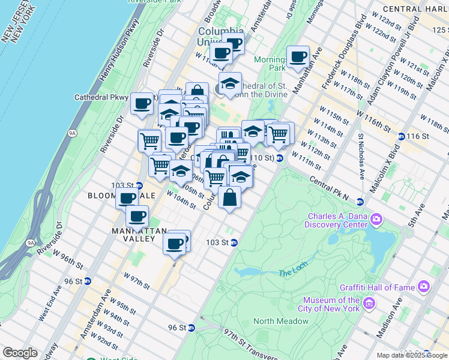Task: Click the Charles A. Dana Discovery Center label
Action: point(337,220)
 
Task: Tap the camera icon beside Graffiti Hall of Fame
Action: point(424,287)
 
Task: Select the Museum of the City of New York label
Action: point(331,304)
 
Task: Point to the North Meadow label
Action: point(281,321)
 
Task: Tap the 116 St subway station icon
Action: point(401,137)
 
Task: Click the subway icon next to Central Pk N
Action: point(360,202)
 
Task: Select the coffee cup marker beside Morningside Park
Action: point(298,57)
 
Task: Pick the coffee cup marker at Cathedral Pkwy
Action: point(142,103)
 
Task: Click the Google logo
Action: point(20,353)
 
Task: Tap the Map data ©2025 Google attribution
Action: point(412,355)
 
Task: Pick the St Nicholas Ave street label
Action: point(362,156)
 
